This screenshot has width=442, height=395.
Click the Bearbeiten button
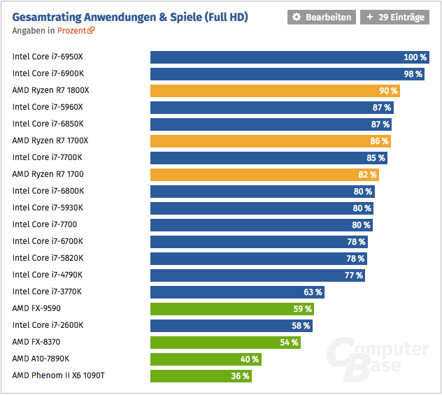point(321,17)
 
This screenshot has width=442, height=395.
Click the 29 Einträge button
point(395,17)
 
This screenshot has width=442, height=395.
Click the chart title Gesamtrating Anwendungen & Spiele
point(130,16)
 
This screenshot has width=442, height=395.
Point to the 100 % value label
point(415,57)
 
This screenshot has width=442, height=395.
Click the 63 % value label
point(313,292)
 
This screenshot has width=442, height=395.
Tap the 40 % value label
point(250,359)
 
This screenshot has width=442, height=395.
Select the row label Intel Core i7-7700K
point(47,157)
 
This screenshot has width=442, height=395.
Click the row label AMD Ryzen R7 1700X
point(50,141)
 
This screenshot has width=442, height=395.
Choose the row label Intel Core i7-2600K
point(48,325)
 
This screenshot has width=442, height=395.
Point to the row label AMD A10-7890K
point(41,359)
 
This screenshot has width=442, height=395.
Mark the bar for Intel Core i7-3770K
point(227,292)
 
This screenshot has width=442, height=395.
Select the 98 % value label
point(413,73)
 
